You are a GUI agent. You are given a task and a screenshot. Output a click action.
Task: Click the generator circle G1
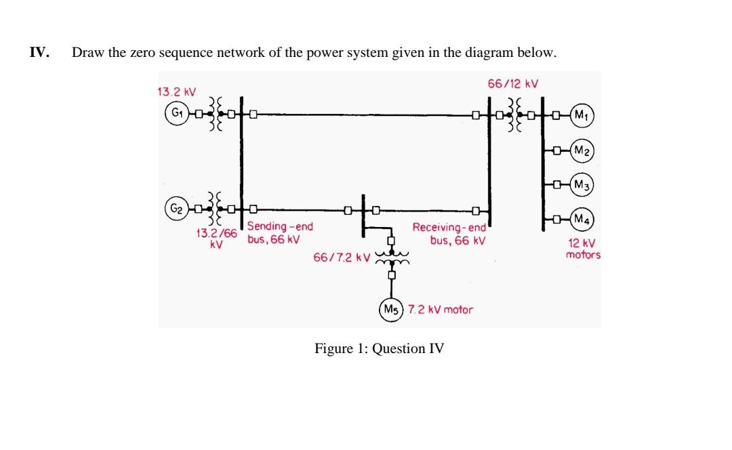click(176, 113)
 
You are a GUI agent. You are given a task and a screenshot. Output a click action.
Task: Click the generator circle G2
click(176, 207)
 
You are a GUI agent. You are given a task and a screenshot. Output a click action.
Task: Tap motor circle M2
click(581, 150)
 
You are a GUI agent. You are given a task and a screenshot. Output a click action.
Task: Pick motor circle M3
click(581, 184)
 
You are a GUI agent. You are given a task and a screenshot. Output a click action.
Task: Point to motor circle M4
click(581, 219)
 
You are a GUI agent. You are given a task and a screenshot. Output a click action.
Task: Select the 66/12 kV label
click(512, 84)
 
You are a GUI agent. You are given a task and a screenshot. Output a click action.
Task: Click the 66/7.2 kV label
click(341, 258)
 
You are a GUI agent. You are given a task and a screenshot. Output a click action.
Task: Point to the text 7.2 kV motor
click(441, 309)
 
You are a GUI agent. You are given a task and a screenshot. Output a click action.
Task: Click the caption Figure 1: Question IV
click(379, 349)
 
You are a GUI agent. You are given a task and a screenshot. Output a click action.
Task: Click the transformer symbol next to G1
click(216, 113)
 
